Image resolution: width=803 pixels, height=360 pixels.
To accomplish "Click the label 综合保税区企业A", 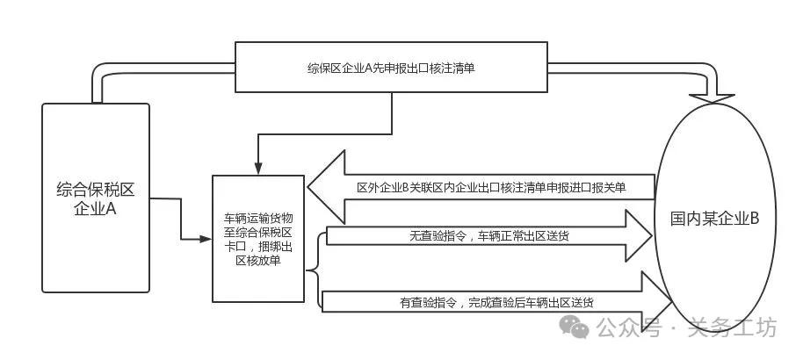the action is point(95,199).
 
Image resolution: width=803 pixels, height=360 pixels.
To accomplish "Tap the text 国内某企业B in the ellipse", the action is point(715,219).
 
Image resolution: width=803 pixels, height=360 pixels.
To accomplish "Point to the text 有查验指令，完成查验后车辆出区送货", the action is point(496,303).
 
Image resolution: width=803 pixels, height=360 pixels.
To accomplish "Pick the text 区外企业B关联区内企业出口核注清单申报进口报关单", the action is point(491,188).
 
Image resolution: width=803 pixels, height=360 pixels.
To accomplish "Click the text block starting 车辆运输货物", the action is point(258,239).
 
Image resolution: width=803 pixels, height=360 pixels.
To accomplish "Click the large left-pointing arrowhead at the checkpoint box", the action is point(326,187).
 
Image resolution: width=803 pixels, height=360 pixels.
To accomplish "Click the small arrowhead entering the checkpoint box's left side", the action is point(206,239).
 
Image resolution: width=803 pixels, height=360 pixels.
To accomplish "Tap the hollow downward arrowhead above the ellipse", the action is point(712,98).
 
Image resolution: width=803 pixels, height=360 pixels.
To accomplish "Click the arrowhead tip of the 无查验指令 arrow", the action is point(651,235).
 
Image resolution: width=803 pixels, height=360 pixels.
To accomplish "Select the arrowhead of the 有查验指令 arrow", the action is point(656,299).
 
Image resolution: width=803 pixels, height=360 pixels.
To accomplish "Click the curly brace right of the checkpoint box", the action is point(316,270).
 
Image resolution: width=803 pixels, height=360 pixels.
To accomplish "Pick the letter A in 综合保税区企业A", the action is point(111,209).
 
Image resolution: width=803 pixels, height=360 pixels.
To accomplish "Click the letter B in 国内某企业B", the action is point(755,219).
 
